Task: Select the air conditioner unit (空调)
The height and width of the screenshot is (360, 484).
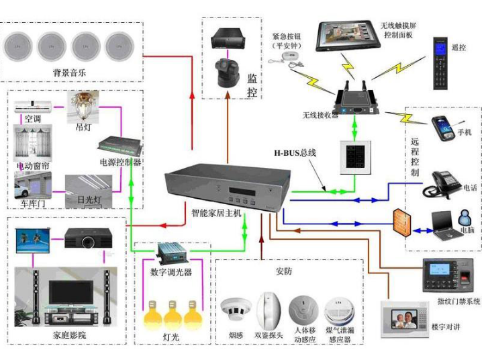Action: point(33,105)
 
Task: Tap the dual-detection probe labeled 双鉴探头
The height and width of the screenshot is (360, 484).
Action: point(268,308)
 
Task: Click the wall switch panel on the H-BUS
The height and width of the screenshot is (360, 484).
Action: point(354,157)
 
